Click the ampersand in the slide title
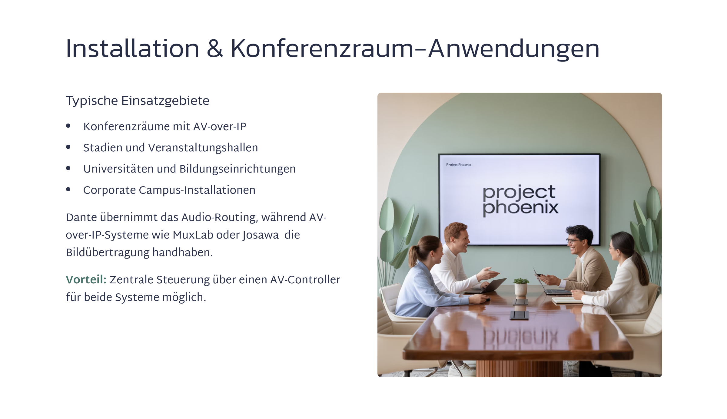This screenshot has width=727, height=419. coord(215,48)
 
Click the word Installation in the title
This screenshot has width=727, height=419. coord(133,48)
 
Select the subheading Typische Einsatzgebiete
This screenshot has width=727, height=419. coord(138,101)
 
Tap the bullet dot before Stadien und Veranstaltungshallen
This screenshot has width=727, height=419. coord(68,147)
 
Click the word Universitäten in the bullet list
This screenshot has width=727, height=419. coord(118,169)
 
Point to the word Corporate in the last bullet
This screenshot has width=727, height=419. coord(110,190)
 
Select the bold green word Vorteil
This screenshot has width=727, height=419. coord(86,279)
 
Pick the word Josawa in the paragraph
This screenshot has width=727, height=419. coord(261,235)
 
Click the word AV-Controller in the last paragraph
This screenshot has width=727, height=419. coord(305,279)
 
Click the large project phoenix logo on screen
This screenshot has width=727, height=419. coord(520,200)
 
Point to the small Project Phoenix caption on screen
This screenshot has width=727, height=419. coord(459,165)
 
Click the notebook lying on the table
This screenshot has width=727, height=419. coord(566,300)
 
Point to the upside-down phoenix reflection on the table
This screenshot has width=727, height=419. coord(520,338)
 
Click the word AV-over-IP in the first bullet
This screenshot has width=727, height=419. coord(220,126)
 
